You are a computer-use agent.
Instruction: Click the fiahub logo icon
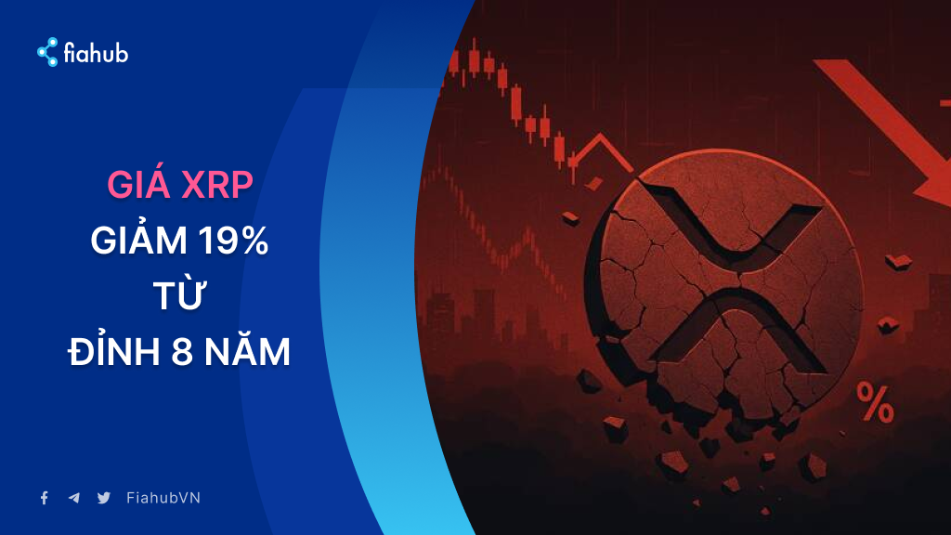[48, 52]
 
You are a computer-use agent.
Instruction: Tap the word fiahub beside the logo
[96, 53]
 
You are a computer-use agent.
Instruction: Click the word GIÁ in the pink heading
[139, 184]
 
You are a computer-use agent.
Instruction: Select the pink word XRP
[217, 186]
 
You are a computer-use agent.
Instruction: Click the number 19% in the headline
[233, 241]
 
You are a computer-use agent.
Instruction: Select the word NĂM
[247, 349]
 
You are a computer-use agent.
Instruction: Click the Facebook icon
[45, 498]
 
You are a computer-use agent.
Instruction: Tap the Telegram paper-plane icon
[74, 498]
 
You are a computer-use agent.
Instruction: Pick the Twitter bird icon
[104, 498]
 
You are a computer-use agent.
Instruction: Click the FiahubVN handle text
[163, 498]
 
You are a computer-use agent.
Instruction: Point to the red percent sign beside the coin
[875, 403]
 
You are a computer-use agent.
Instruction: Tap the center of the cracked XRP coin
[724, 285]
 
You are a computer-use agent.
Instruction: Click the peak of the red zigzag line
[601, 135]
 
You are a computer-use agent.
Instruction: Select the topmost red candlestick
[474, 59]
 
